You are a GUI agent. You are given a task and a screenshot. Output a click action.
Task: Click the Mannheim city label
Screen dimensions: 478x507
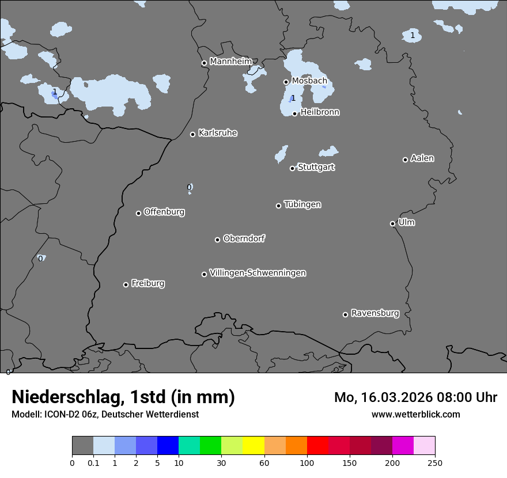[230, 61]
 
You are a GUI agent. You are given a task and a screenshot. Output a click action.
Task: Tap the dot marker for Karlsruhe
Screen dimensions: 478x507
[193, 134]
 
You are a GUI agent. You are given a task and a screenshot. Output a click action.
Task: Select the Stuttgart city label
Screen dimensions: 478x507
[316, 167]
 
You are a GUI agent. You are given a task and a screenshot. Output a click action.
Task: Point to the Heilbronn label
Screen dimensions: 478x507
[320, 112]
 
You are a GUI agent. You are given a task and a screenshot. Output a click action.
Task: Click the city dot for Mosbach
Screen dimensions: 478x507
[286, 82]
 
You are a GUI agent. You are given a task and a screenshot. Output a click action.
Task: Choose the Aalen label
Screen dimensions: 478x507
[422, 158]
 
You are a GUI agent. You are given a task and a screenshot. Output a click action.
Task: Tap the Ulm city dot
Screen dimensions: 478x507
[393, 223]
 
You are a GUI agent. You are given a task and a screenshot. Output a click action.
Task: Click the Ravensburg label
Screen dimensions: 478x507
[375, 313]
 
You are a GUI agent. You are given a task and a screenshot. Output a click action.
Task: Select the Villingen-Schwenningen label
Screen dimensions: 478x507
[258, 273]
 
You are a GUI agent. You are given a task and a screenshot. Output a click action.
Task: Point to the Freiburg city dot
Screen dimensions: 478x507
[126, 284]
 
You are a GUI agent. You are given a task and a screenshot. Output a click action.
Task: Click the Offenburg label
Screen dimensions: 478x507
[164, 212]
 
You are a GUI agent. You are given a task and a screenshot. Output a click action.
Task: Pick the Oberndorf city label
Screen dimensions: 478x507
[244, 238]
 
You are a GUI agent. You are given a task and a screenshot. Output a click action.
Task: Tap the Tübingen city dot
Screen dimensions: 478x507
[279, 206]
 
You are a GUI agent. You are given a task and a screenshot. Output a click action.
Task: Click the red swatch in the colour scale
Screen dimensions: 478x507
[317, 446]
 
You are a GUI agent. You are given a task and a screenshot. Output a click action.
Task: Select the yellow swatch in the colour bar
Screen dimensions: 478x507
[253, 446]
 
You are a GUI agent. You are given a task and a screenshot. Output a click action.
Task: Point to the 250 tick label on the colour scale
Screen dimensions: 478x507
[435, 462]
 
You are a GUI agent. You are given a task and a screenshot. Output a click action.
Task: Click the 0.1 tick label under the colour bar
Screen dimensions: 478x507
[93, 462]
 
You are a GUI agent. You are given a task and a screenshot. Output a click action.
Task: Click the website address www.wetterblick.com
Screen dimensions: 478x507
[416, 414]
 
